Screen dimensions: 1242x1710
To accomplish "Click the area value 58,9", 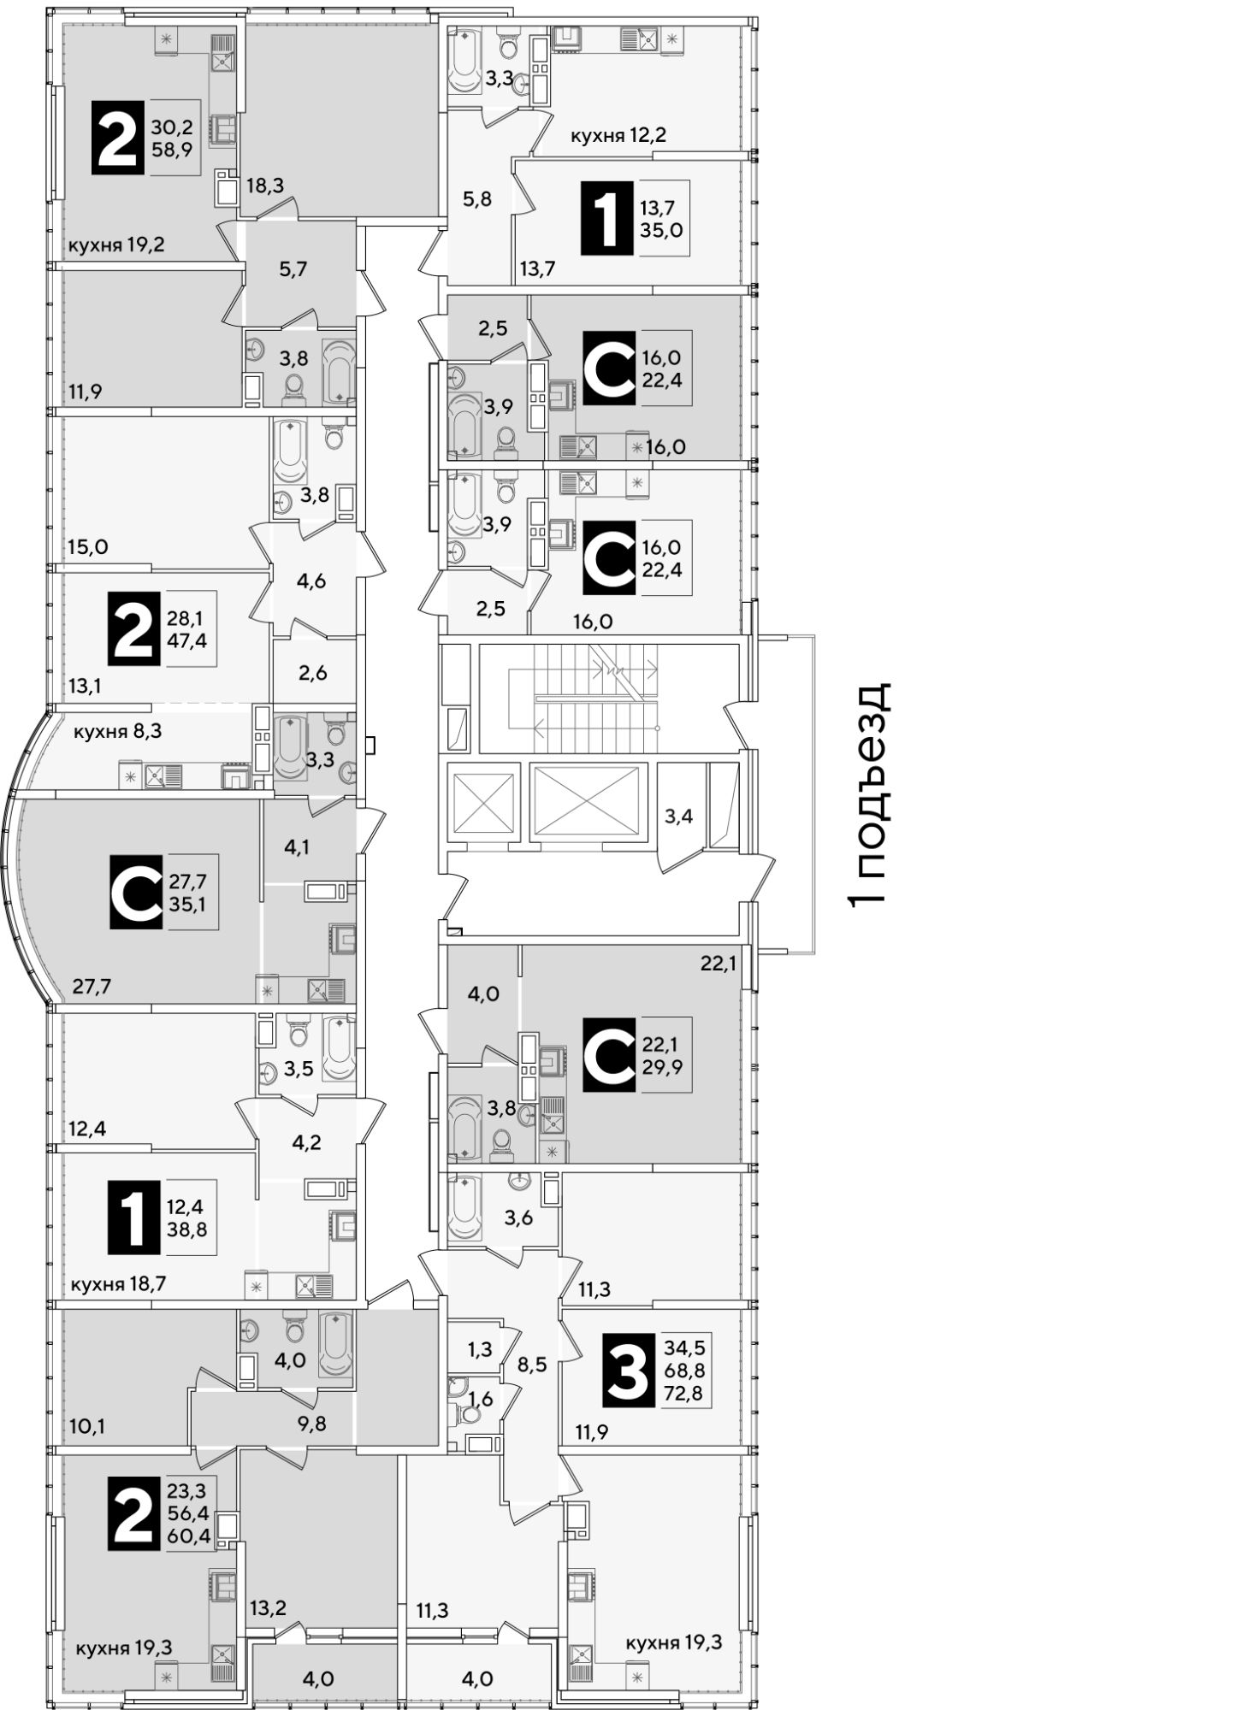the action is tap(172, 148).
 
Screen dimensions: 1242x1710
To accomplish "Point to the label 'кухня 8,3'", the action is tap(118, 731).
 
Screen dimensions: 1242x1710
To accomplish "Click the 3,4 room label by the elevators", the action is tap(678, 816).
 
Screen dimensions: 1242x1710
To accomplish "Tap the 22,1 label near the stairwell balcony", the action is tap(719, 964).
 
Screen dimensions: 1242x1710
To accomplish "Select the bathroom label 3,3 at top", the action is tap(500, 80).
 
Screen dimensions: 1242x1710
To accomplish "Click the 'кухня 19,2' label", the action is tap(116, 245).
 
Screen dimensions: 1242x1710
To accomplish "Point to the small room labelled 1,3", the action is tap(480, 1349).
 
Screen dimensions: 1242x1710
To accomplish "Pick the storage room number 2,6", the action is tap(313, 672).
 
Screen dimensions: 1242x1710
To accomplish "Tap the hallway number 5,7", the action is tap(293, 268).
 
